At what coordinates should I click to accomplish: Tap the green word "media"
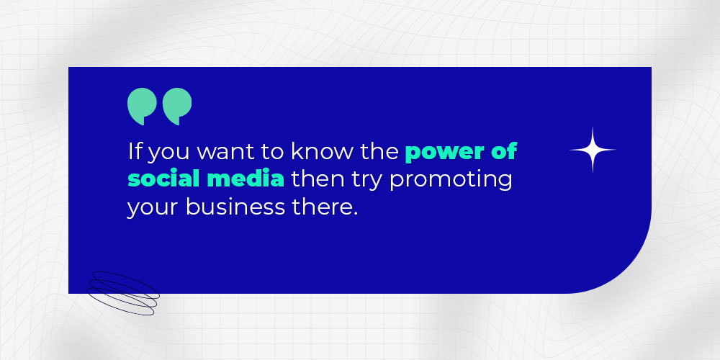click(x=246, y=179)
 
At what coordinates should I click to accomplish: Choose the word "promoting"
click(x=451, y=181)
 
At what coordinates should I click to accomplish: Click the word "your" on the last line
click(x=153, y=209)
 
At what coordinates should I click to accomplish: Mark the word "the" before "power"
click(x=379, y=151)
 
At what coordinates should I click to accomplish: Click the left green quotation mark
click(x=143, y=106)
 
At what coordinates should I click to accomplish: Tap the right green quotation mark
click(x=177, y=106)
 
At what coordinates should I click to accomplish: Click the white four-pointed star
click(x=593, y=150)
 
